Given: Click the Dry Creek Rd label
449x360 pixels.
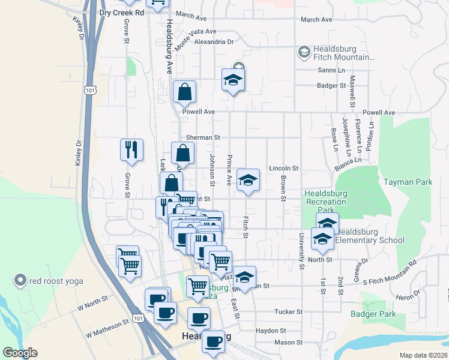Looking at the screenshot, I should pos(122,12).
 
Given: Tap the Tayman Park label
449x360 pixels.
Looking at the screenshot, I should pos(408,181).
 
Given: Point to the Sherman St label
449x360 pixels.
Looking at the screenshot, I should pos(199,137).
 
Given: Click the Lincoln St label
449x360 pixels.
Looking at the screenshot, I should pos(283,169).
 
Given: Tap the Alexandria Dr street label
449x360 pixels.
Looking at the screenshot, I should pos(214,42).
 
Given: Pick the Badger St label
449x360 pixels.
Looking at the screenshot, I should pos(331,86).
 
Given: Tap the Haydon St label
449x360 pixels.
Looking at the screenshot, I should pos(270,331).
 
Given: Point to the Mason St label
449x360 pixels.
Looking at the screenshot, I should pos(288,343).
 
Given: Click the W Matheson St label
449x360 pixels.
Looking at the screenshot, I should pos(107,328).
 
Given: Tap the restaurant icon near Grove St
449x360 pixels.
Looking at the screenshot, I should pos(131,150).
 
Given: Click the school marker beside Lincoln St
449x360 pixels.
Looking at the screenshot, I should pos(247,180).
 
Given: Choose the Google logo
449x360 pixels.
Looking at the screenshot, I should pos(20,353).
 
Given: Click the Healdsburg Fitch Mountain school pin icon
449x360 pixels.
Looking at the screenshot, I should pos(303,53).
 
